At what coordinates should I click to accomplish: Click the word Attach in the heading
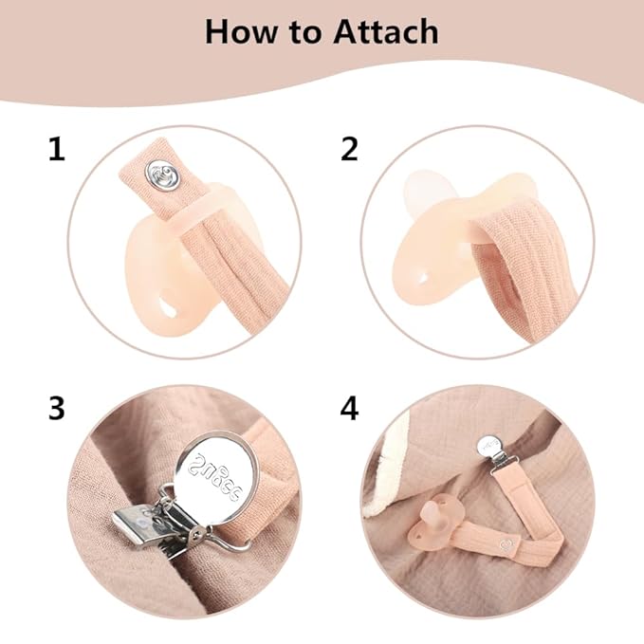(386, 32)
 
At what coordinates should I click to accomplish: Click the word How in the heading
(241, 32)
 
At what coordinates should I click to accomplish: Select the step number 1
(57, 150)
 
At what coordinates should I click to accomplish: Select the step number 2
(350, 150)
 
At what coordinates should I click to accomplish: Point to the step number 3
(57, 408)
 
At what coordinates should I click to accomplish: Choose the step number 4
(350, 408)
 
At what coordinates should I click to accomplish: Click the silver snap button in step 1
(164, 175)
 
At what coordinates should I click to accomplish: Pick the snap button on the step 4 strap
(506, 545)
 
